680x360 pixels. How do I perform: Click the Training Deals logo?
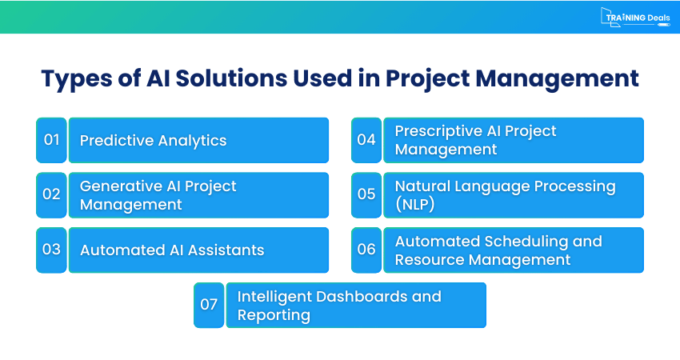tap(635, 18)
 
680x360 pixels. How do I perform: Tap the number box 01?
tap(52, 140)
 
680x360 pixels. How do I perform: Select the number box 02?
tap(52, 194)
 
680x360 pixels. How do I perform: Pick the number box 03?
tap(52, 250)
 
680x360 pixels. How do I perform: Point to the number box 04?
tap(366, 140)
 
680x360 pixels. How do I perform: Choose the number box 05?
tap(366, 194)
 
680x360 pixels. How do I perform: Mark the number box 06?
tap(366, 250)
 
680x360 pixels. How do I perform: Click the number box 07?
tap(209, 305)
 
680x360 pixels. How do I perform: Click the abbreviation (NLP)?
tap(414, 204)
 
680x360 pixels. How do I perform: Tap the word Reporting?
tap(274, 315)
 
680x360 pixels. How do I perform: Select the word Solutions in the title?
tap(231, 78)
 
